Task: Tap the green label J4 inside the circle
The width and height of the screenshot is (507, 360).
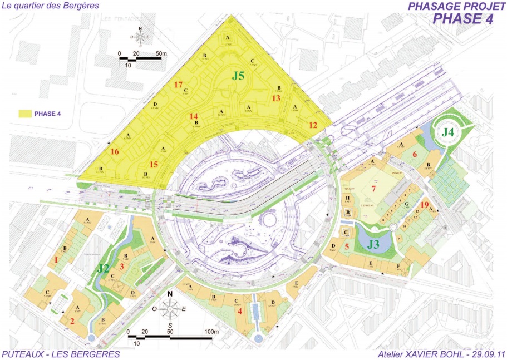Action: (x=448, y=133)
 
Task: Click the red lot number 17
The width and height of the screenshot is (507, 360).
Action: (x=178, y=85)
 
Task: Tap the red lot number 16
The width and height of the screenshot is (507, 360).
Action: (x=115, y=151)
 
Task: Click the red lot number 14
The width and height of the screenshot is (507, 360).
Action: (x=194, y=117)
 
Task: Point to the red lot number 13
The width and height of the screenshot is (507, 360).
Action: (x=277, y=98)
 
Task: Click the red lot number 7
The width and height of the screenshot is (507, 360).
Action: (x=374, y=189)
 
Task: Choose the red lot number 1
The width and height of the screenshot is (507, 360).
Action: (x=56, y=259)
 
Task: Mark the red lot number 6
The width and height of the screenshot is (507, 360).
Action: (x=415, y=154)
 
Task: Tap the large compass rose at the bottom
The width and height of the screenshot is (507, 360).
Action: (x=171, y=308)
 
